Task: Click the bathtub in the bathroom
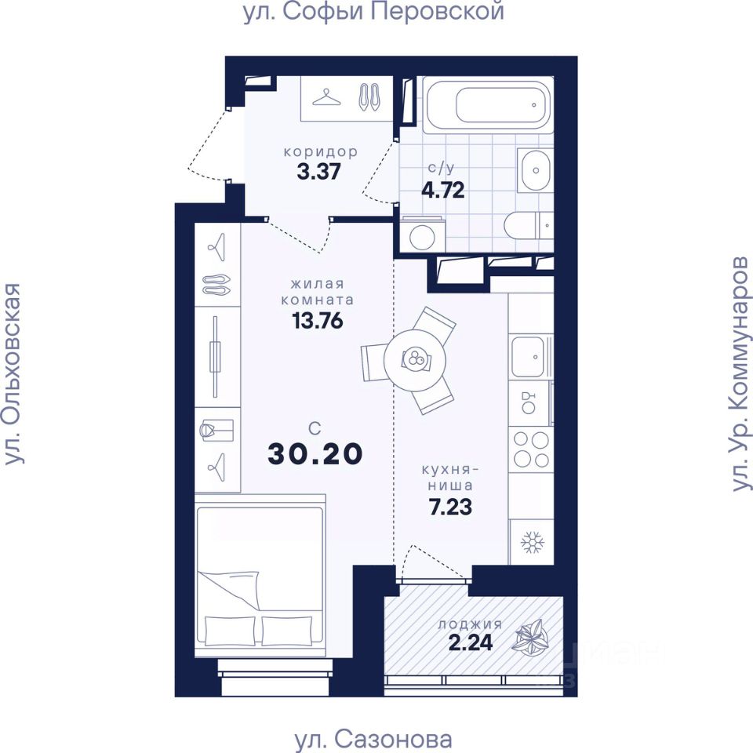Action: pyautogui.click(x=488, y=104)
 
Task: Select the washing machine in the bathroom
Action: pyautogui.click(x=423, y=235)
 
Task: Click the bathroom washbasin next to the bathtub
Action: pyautogui.click(x=535, y=170)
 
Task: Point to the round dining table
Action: pyautogui.click(x=414, y=359)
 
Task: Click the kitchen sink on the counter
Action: pyautogui.click(x=528, y=357)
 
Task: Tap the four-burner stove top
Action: pyautogui.click(x=531, y=449)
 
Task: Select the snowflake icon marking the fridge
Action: pyautogui.click(x=532, y=542)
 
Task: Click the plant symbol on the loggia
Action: pyautogui.click(x=531, y=637)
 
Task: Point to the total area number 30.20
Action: pyautogui.click(x=315, y=454)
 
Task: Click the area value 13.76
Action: pyautogui.click(x=318, y=320)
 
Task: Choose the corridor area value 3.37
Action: pyautogui.click(x=318, y=172)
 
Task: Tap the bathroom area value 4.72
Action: pyautogui.click(x=442, y=190)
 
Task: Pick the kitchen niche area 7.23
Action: pyautogui.click(x=450, y=507)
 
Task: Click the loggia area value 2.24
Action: pyautogui.click(x=471, y=642)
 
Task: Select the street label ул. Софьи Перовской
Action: pyautogui.click(x=373, y=12)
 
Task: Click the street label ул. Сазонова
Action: pyautogui.click(x=373, y=740)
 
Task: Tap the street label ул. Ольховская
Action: pyautogui.click(x=13, y=373)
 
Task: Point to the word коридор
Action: pyautogui.click(x=321, y=152)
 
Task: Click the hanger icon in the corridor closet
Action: pyautogui.click(x=326, y=97)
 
